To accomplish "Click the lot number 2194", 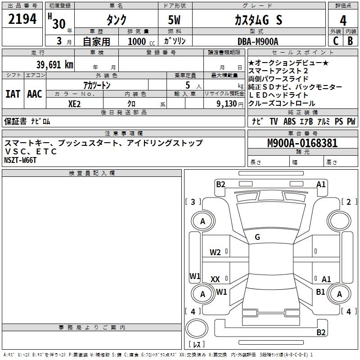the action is [22, 19].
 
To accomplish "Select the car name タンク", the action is [116, 20].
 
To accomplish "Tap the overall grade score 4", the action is [343, 20].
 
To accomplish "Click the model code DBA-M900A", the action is [258, 41].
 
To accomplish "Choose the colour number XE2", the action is [75, 103].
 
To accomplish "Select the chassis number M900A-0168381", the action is [302, 144].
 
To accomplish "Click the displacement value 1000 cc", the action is [138, 42].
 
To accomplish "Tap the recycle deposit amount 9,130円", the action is [229, 103].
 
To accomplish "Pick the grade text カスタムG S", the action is [258, 20].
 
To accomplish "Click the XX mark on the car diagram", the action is [215, 279].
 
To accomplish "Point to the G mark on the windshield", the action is [257, 237].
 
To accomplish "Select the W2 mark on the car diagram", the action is [215, 252].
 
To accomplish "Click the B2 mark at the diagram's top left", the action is [220, 184].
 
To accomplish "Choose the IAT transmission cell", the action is [13, 94].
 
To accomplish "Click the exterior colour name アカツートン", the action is [97, 85].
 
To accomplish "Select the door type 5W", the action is [175, 20].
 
